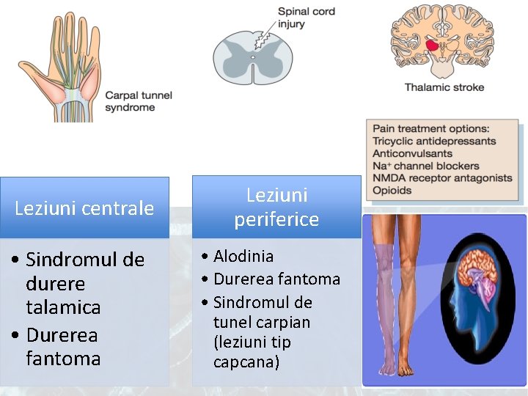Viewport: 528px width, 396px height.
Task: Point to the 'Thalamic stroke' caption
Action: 444,87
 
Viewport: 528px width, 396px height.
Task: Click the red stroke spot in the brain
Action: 434,45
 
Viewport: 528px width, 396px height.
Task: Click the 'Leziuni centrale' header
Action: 84,208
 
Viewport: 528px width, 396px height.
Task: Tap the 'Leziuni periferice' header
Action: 276,207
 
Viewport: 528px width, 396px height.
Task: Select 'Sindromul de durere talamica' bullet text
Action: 84,283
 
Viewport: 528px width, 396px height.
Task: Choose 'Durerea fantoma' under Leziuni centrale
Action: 62,346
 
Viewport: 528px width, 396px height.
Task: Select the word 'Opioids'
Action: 392,191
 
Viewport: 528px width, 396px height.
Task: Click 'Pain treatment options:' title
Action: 430,129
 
